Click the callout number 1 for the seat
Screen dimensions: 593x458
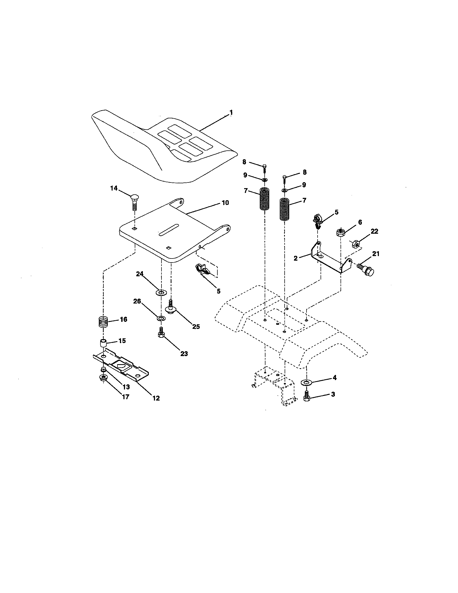pyautogui.click(x=231, y=112)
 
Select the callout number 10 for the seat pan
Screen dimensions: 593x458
pyautogui.click(x=225, y=203)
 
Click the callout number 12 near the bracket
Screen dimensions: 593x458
pyautogui.click(x=156, y=398)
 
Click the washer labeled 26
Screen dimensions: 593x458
pyautogui.click(x=161, y=318)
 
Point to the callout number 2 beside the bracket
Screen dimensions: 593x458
pyautogui.click(x=296, y=258)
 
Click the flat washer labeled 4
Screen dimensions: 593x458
pyautogui.click(x=307, y=382)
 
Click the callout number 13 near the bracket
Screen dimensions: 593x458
pyautogui.click(x=126, y=387)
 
